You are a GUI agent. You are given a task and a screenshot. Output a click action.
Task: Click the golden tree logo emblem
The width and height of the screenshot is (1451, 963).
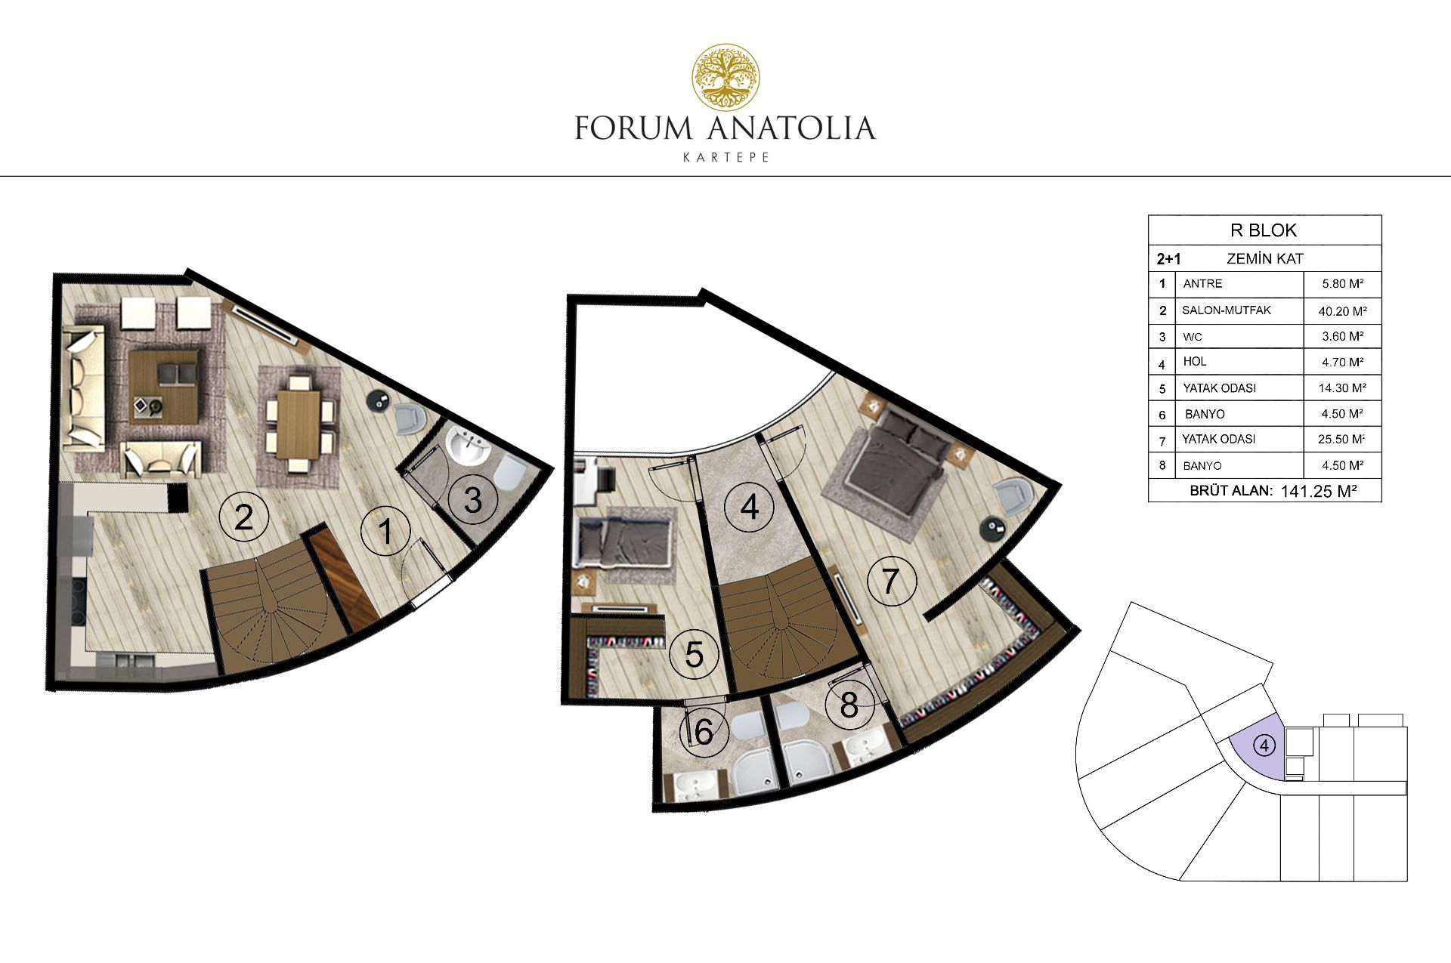727,76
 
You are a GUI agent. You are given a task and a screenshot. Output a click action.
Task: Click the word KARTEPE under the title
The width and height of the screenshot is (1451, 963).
726,158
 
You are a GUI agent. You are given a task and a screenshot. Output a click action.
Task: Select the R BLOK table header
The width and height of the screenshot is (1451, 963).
1264,230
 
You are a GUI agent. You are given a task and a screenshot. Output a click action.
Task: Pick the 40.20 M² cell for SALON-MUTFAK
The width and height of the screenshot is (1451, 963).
1342,310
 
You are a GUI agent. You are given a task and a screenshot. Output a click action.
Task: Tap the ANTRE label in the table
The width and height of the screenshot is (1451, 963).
1202,284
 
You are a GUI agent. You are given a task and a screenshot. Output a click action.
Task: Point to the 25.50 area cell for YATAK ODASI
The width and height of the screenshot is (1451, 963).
1342,439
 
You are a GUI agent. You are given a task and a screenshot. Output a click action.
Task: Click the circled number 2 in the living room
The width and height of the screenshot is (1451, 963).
243,517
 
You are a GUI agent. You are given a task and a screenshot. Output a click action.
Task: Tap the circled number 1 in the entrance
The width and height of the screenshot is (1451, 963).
385,531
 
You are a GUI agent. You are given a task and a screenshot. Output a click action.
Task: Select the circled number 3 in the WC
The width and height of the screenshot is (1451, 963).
472,499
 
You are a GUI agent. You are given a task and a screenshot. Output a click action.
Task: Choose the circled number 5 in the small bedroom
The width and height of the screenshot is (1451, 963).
694,654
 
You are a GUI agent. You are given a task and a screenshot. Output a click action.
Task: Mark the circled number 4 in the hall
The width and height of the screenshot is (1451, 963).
749,507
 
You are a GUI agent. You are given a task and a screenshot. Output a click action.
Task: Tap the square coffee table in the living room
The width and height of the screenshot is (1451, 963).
167,387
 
